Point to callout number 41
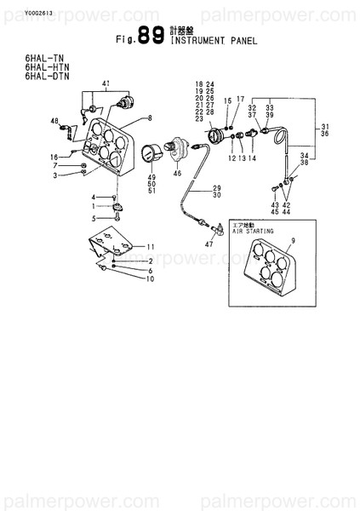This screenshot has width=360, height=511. [x=106, y=83]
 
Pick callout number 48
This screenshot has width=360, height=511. [x=54, y=121]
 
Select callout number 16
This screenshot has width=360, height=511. [x=54, y=157]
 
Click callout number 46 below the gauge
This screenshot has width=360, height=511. [x=177, y=173]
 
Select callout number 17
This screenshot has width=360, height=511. [x=241, y=100]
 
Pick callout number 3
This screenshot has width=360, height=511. [x=55, y=175]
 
